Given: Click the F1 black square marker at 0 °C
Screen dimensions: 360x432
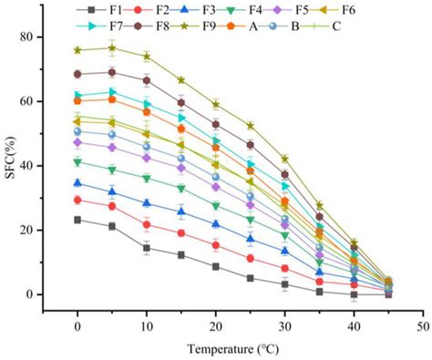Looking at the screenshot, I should [77, 220].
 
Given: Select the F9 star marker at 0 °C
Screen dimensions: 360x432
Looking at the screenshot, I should [77, 50].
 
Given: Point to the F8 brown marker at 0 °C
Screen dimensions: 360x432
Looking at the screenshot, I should [77, 74].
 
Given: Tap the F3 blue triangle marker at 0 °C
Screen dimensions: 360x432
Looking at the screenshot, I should [77, 183].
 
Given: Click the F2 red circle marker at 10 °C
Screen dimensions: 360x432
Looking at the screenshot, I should [146, 224].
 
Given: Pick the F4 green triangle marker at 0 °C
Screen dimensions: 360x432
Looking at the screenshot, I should [77, 162].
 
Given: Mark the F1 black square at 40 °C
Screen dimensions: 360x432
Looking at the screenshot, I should [354, 293].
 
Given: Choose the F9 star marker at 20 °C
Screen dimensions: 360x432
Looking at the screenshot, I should [215, 104].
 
